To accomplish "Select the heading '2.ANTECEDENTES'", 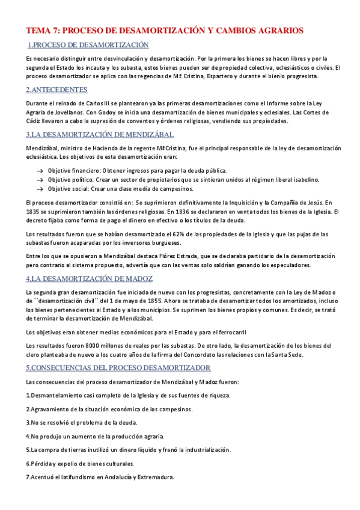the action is (x=56, y=90).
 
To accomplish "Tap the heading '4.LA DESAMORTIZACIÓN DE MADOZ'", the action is (x=90, y=278).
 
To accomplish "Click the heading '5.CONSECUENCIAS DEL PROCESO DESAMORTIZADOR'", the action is (x=118, y=367).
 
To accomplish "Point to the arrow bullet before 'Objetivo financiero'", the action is (x=39, y=171).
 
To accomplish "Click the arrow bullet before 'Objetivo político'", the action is (x=39, y=180).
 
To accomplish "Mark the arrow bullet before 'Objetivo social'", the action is (x=39, y=189).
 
